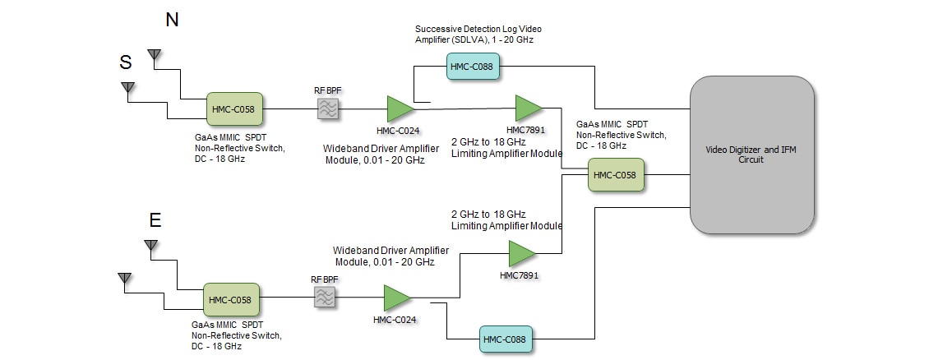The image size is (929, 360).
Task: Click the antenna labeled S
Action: [x=127, y=86]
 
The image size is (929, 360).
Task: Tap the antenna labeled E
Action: [x=150, y=245]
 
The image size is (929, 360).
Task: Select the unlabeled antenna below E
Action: [x=124, y=278]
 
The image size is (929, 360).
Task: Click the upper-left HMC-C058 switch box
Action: [x=233, y=108]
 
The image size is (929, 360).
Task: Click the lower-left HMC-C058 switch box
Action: [x=231, y=300]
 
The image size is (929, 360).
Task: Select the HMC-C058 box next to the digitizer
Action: [x=616, y=175]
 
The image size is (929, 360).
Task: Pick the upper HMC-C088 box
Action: [x=474, y=66]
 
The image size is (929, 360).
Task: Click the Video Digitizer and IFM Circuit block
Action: [x=752, y=155]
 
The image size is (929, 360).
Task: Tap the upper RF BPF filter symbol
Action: [x=329, y=108]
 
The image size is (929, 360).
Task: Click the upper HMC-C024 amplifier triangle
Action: [x=400, y=108]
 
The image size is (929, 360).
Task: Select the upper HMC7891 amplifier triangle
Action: [x=528, y=108]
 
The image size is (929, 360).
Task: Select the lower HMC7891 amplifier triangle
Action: [x=521, y=253]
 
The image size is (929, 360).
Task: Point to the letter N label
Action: [x=172, y=21]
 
